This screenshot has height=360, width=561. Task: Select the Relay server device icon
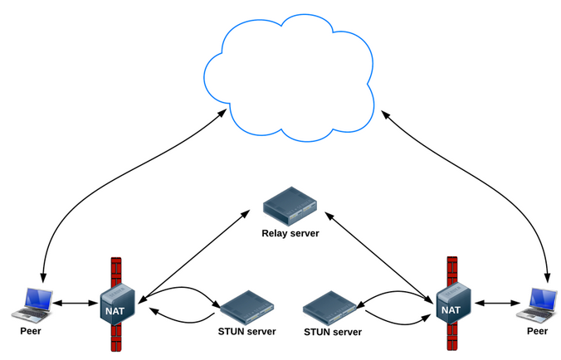[290, 208]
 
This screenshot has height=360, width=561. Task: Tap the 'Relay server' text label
[290, 234]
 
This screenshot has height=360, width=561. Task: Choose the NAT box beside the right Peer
[451, 304]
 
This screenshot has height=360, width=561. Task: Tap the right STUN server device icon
[331, 308]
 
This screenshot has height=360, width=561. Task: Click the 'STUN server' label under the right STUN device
[334, 332]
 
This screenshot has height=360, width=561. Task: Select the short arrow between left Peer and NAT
[76, 303]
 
